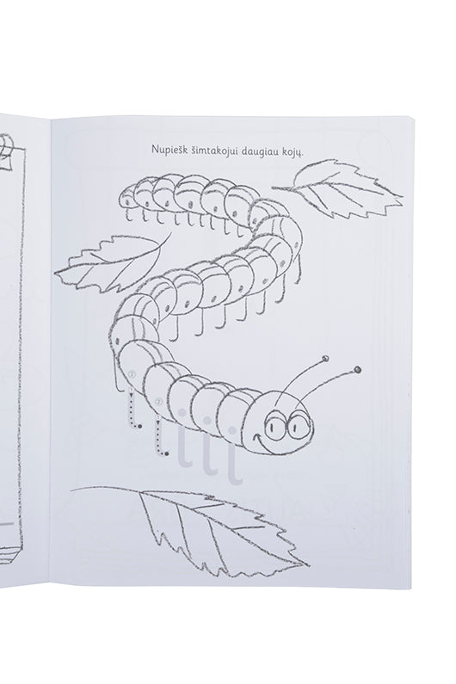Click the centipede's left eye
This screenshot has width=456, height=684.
click(278, 424)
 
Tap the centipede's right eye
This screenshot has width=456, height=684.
click(300, 423)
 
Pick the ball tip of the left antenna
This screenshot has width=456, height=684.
click(325, 359)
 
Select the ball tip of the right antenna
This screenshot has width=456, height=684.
click(358, 370)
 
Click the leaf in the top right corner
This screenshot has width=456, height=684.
click(338, 189)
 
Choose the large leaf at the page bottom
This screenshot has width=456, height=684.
click(209, 527)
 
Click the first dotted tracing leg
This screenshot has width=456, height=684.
click(133, 411)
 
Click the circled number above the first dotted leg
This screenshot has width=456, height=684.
click(132, 374)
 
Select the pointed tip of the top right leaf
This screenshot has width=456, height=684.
click(402, 196)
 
